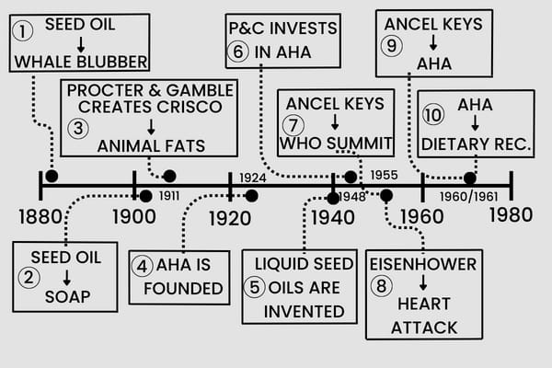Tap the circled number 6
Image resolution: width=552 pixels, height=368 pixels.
239,52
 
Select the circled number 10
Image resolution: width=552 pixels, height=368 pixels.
432,116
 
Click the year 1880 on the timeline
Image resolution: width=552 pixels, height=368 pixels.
40,217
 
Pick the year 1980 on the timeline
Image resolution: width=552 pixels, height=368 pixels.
511,215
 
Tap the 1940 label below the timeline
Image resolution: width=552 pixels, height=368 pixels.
332,217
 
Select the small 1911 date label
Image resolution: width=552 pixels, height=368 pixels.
168,196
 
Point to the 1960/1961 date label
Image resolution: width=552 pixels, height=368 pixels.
468,196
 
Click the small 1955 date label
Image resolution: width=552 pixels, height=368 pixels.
385,175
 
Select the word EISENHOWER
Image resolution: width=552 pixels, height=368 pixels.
422,264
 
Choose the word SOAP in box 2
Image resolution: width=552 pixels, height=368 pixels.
67,296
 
